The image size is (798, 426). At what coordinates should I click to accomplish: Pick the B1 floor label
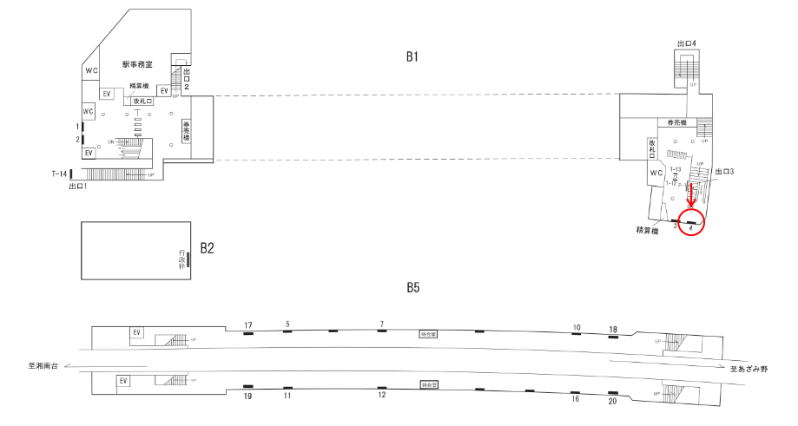pyautogui.click(x=412, y=57)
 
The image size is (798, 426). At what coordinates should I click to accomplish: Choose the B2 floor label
pyautogui.click(x=208, y=248)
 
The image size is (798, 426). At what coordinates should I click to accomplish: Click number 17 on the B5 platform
pyautogui.click(x=247, y=325)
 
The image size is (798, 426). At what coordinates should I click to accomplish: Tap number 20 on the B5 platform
pyautogui.click(x=613, y=401)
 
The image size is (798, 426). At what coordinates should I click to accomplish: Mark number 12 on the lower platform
pyautogui.click(x=381, y=396)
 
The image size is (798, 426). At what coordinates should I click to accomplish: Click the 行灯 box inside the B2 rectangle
pyautogui.click(x=182, y=259)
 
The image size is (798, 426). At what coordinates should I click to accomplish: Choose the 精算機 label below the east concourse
pyautogui.click(x=646, y=231)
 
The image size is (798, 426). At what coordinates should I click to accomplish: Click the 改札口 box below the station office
pyautogui.click(x=141, y=101)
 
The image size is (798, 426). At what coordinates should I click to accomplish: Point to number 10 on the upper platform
pyautogui.click(x=576, y=327)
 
